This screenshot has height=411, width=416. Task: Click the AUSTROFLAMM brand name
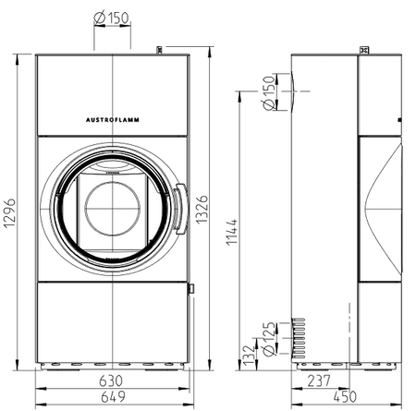pyautogui.click(x=113, y=120)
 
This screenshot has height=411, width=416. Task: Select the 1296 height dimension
pyautogui.click(x=9, y=213)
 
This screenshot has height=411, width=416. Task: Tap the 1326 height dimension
pyautogui.click(x=202, y=209)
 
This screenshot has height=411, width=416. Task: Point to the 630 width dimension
pyautogui.click(x=111, y=381)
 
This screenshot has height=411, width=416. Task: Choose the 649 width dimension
pyautogui.click(x=113, y=396)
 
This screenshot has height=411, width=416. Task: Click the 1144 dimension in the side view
pyautogui.click(x=232, y=232)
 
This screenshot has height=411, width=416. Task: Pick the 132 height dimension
pyautogui.click(x=249, y=356)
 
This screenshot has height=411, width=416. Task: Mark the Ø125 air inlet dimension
pyautogui.click(x=268, y=339)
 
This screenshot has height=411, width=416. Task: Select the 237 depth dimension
pyautogui.click(x=319, y=381)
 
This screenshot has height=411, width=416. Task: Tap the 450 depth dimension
pyautogui.click(x=345, y=396)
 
